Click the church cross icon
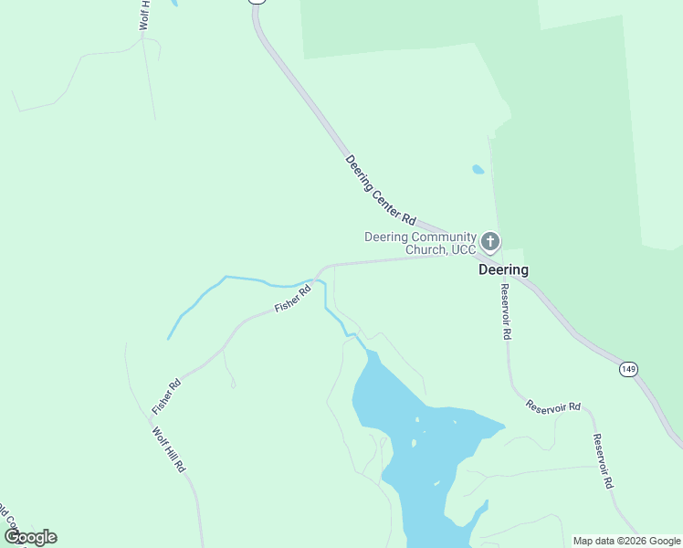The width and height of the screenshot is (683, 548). (x=490, y=241)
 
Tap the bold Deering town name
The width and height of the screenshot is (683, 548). (x=504, y=270)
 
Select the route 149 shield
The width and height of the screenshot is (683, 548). (x=627, y=368)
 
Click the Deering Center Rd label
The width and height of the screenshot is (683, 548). (x=381, y=191)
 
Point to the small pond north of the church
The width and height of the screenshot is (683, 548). (x=478, y=169)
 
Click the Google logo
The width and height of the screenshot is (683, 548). (x=30, y=537)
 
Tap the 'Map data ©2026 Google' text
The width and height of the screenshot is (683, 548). (x=627, y=541)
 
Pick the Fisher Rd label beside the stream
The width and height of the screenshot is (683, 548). (x=293, y=299)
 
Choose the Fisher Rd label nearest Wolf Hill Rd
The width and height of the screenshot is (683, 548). (x=167, y=394)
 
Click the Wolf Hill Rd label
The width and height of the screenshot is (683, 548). (x=170, y=448)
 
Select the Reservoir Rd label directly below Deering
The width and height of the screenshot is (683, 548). (x=505, y=311)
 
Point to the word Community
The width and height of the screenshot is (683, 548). (x=442, y=237)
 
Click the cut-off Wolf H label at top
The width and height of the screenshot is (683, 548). (x=144, y=16)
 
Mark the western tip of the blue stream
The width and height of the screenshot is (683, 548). (x=168, y=339)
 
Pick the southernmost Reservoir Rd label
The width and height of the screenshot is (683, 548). (x=602, y=461)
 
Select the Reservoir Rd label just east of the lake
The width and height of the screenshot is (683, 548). (x=553, y=406)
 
